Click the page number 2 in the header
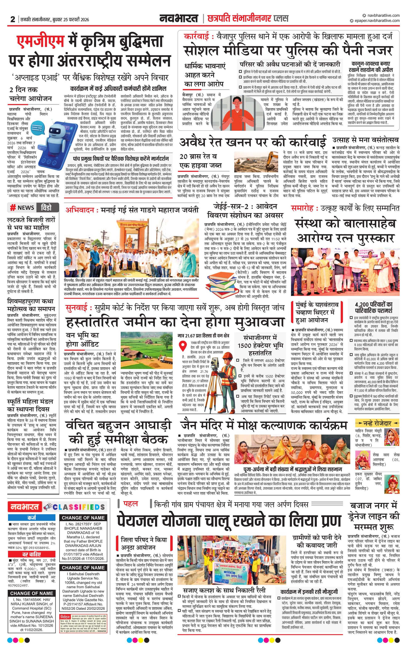pos(12,19)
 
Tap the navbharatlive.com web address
pos(382,15)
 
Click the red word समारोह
pos(302,208)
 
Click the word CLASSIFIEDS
pos(79,507)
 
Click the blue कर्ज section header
pos(32,518)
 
